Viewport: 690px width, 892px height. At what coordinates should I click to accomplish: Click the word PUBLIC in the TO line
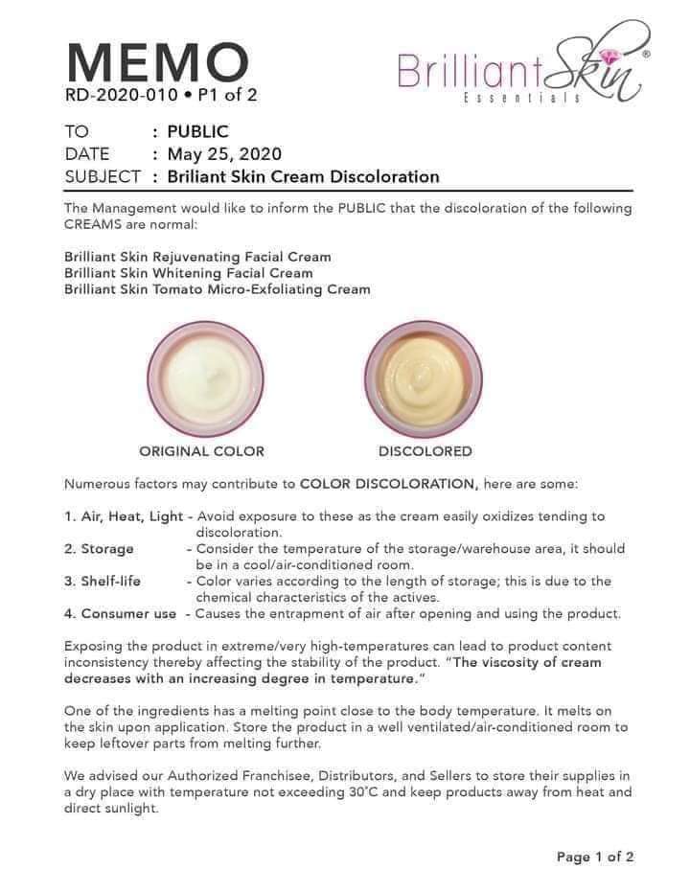pos(197,132)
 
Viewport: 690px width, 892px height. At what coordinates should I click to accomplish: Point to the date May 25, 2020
pos(224,154)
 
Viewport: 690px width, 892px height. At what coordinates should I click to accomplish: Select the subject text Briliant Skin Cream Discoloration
pos(303,176)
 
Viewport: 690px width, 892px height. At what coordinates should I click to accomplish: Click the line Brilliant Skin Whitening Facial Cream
pos(188,273)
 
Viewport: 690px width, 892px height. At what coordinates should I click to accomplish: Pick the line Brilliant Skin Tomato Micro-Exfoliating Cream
pos(217,288)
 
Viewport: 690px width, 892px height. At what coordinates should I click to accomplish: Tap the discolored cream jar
pos(424,378)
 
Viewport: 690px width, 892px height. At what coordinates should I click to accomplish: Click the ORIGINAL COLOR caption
pos(201,451)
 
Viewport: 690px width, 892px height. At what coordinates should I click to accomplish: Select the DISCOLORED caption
pos(425,451)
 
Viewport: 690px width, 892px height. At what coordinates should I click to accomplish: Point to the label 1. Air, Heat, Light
pos(124,516)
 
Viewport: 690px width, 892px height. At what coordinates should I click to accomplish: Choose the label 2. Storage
pos(100,549)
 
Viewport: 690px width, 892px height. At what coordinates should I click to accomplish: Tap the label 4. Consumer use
pos(121,614)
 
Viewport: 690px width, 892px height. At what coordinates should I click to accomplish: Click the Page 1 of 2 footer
pos(595,857)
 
